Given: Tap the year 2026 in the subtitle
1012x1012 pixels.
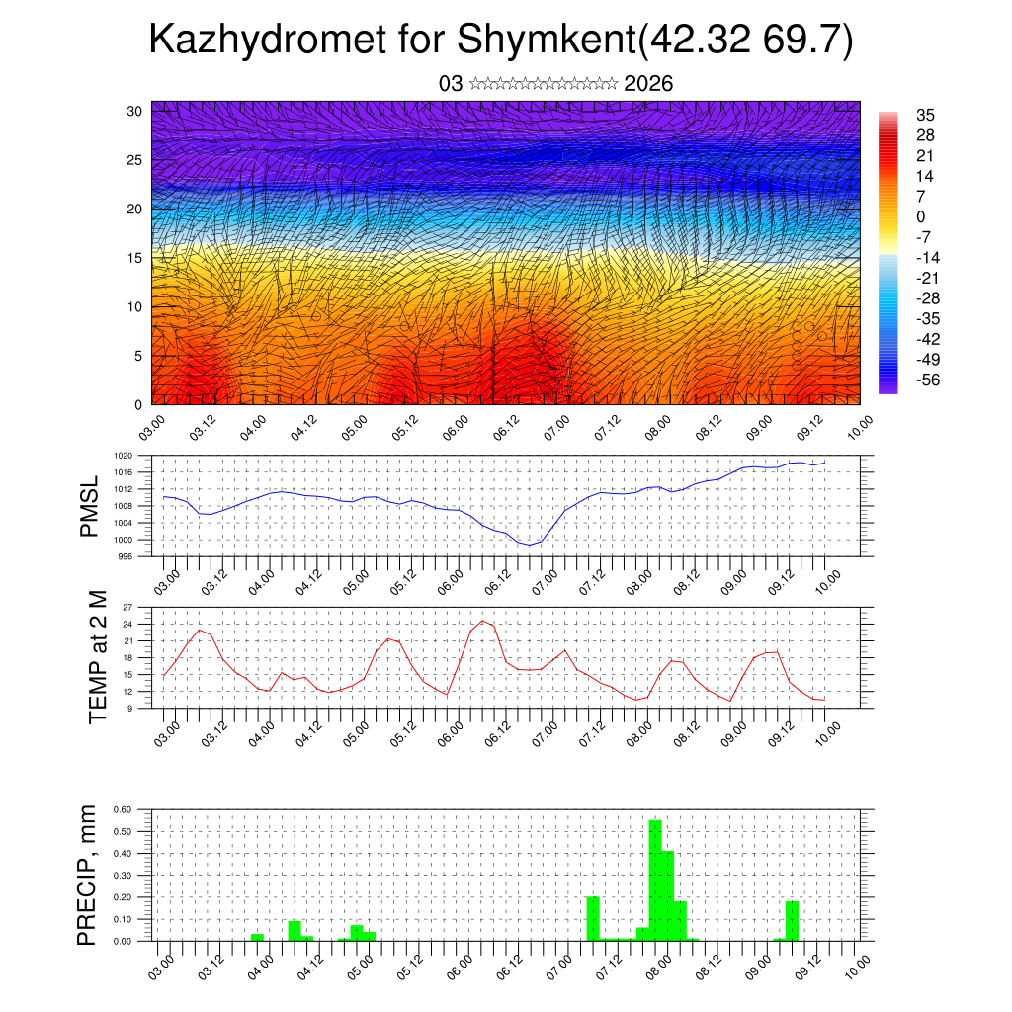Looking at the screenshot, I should [x=648, y=84].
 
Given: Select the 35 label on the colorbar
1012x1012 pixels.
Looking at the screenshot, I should [x=926, y=115].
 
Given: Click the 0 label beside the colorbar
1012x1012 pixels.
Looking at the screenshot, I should [x=921, y=216].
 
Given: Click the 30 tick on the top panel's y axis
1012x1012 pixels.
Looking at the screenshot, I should [x=135, y=111].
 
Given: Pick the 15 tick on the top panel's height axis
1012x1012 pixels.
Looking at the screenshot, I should [x=135, y=258].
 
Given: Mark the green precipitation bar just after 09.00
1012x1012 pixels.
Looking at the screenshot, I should [x=792, y=920].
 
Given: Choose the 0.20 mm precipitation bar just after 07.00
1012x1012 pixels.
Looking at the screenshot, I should [x=593, y=918].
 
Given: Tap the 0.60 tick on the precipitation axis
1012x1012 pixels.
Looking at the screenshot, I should [x=123, y=808].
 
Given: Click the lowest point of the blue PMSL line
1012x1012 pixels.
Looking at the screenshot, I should [x=530, y=545].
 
